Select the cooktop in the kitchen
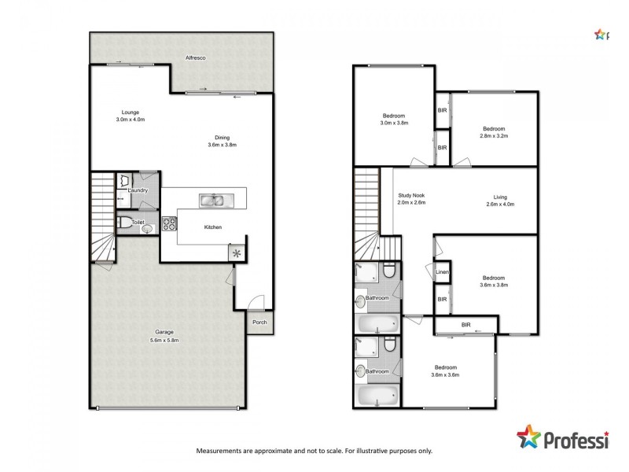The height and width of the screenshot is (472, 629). [168, 223]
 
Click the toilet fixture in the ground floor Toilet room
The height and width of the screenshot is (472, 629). [126, 223]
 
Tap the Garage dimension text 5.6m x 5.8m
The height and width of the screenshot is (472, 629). [164, 341]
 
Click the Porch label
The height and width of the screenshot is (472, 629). [259, 322]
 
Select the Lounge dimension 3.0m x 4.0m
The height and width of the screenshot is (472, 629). [130, 120]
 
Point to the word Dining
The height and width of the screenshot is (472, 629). [222, 137]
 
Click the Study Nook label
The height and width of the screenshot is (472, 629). [410, 195]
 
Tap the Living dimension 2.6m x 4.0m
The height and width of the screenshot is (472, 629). [500, 205]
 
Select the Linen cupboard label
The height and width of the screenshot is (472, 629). [442, 272]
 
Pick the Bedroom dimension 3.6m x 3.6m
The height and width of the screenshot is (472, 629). [445, 375]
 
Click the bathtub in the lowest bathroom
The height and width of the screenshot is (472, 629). [377, 395]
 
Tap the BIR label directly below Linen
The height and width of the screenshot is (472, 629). [442, 299]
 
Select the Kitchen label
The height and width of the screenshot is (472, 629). [212, 227]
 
